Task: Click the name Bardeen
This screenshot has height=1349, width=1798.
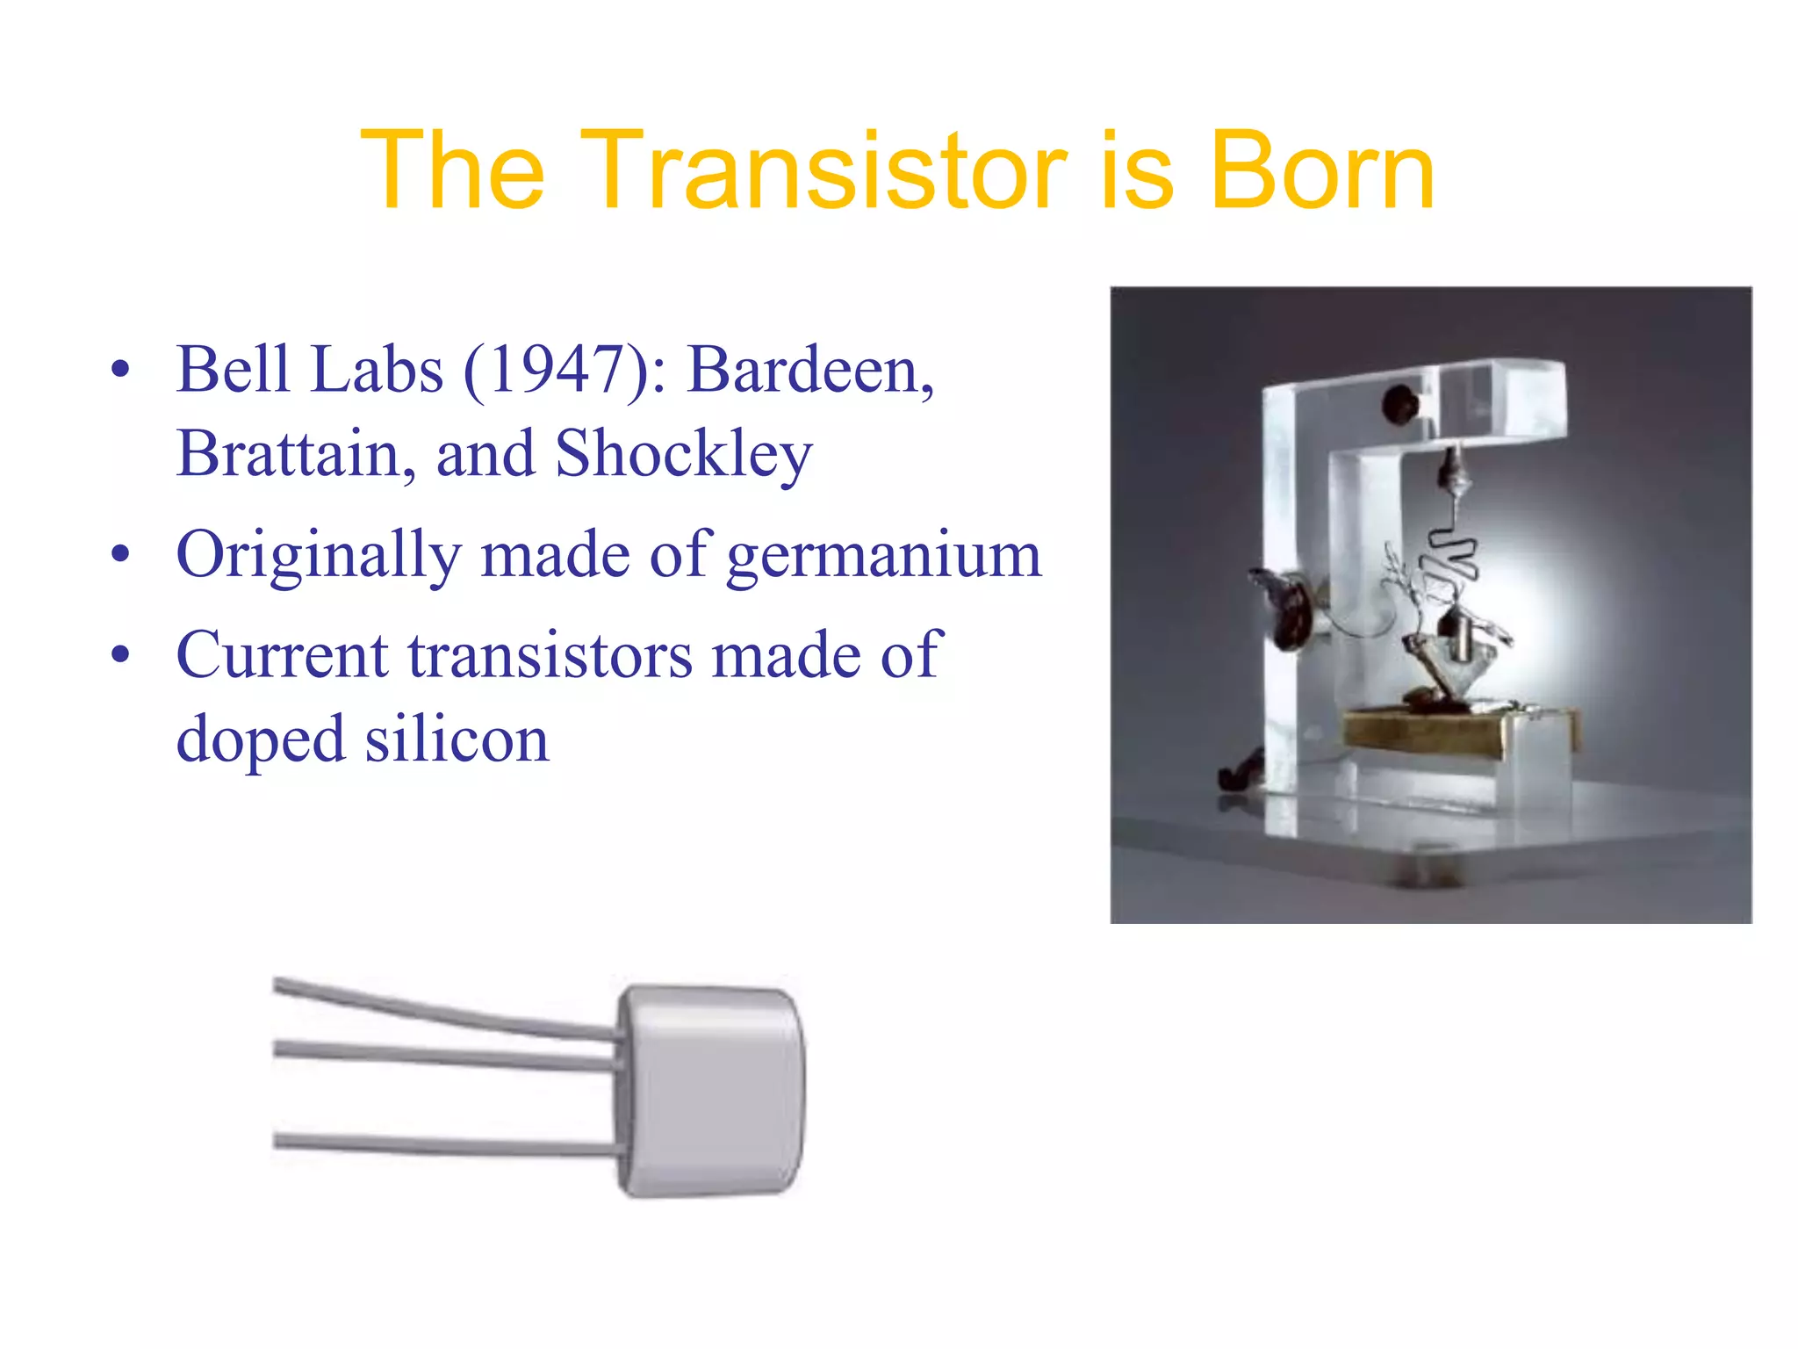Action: pos(808,369)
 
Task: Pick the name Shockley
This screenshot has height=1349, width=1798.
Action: pos(684,455)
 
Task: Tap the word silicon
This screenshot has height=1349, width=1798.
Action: pos(457,739)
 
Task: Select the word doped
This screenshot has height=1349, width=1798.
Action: pos(260,740)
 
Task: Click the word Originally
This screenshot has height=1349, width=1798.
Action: pos(319,555)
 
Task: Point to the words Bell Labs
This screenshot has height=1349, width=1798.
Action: pos(310,369)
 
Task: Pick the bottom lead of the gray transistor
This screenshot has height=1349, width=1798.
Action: pos(439,1145)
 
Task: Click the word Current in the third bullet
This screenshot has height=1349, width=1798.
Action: pos(282,654)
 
